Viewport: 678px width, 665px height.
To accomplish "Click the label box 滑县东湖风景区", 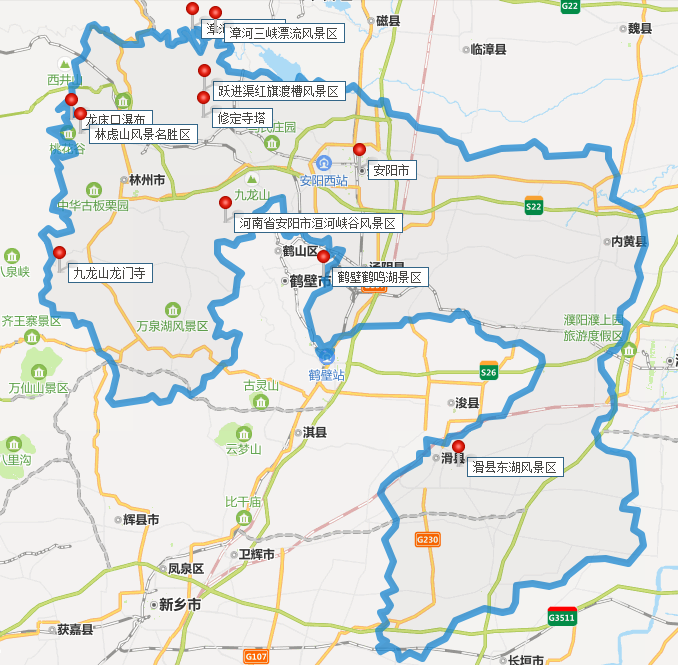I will pos(515,467).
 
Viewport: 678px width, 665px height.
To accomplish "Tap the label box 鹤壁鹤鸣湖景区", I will pos(380,277).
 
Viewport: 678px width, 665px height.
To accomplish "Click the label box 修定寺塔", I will pos(241,118).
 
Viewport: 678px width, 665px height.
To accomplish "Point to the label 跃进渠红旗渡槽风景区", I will pos(279,92).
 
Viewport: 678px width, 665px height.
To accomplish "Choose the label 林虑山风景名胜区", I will pos(142,133).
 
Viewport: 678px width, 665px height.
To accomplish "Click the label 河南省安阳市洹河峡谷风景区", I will pos(317,224).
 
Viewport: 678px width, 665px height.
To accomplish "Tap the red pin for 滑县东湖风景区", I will pos(458,447).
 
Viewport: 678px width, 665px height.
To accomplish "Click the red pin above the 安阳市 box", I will pos(360,150).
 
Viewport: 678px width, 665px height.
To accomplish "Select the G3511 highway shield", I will pos(562,616).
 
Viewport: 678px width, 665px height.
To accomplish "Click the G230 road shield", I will pos(427,539).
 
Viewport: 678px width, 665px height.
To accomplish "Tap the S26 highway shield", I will pos(489,371).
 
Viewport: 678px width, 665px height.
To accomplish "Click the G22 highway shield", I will pos(570,6).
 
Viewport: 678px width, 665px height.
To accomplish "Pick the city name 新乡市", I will pos(180,605).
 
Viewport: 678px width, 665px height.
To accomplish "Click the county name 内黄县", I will pos(630,241).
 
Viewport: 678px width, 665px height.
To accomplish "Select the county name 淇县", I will pos(314,433).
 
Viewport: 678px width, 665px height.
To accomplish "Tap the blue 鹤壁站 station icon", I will pos(326,354).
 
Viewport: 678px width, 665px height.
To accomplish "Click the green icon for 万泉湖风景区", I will pos(172,308).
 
